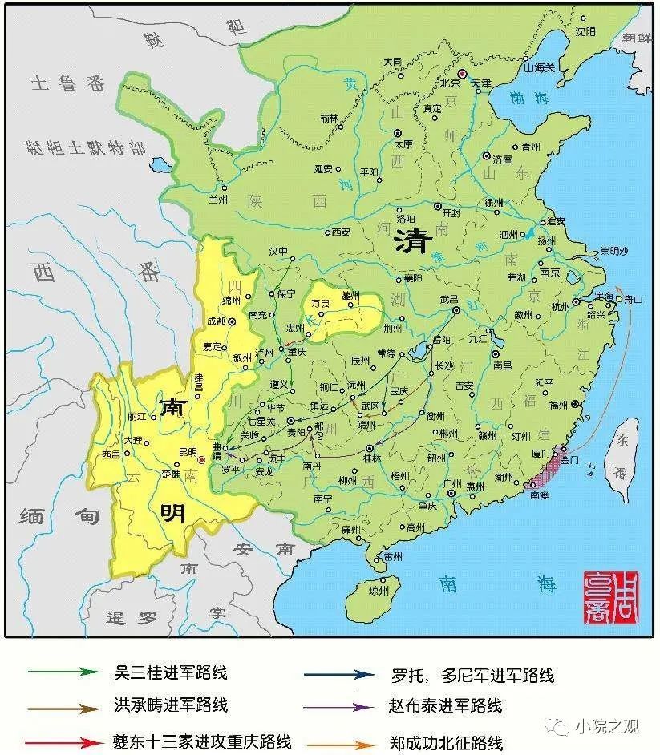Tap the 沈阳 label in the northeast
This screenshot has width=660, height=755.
[589, 31]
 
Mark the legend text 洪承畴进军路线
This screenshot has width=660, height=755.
[171, 706]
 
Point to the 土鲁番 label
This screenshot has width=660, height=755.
[67, 83]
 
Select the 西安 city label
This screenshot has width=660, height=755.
[340, 232]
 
